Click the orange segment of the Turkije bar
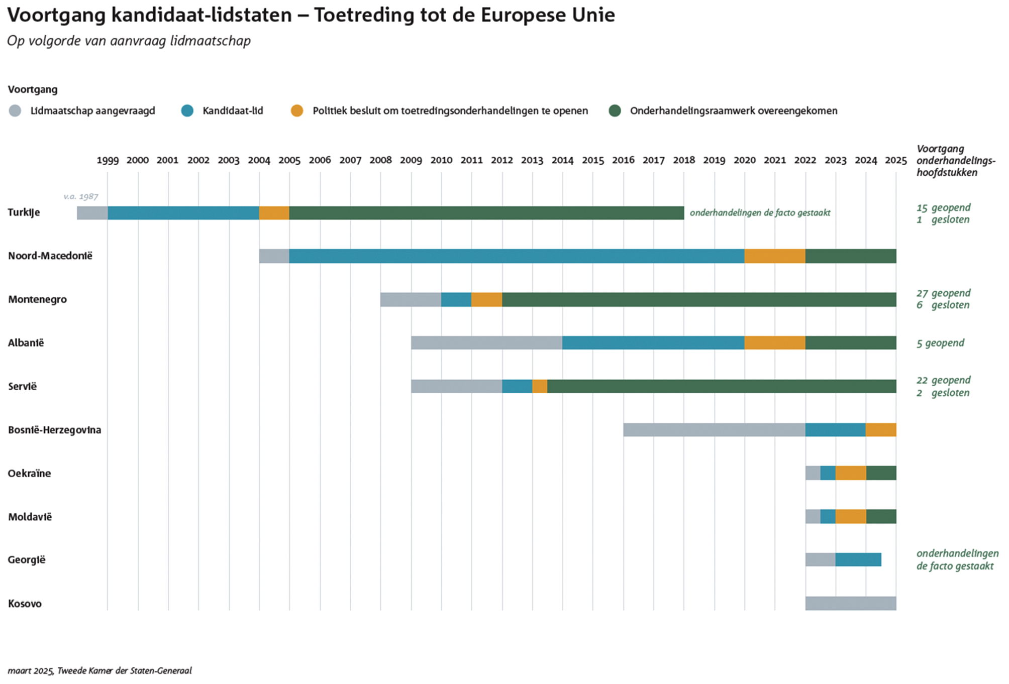coord(274,213)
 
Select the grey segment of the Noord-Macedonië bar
coord(274,256)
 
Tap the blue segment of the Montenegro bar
coord(456,300)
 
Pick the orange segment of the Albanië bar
coord(774,343)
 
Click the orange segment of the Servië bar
coord(540,386)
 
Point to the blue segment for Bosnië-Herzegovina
coord(835,430)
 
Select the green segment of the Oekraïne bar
coord(881,473)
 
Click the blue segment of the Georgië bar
coord(858,559)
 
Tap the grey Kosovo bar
coord(850,603)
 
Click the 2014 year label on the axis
coord(562,160)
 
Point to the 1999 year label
coord(108,160)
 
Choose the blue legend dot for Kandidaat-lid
coord(187,111)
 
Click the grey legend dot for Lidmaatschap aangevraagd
coord(15,111)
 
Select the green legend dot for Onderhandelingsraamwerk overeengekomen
coord(615,111)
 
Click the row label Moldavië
coord(30,517)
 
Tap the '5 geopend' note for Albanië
coord(940,343)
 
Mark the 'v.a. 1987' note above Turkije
coord(81,196)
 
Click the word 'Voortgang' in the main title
coord(56,15)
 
